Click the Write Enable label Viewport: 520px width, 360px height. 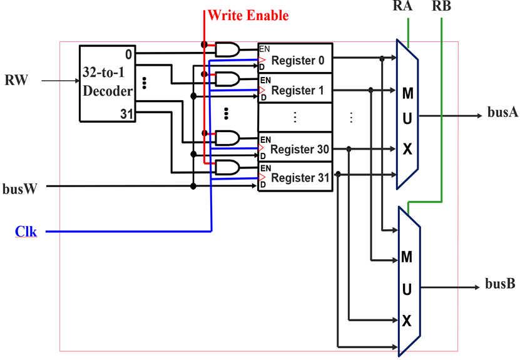point(248,15)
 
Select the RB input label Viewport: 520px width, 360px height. point(441,8)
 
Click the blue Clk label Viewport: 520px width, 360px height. point(26,232)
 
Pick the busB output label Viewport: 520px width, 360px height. point(500,284)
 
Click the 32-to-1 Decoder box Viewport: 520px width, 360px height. point(107,83)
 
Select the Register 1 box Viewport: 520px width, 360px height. point(295,90)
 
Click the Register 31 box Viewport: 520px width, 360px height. point(295,178)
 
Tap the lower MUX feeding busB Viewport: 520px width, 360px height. point(407,282)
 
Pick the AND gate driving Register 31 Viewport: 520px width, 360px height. point(227,167)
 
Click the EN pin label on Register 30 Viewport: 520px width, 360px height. point(265,139)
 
